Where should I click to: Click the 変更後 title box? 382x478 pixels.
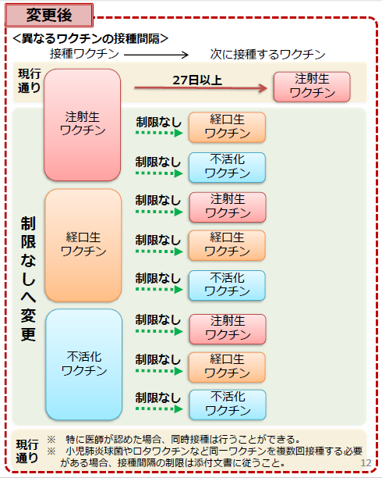point(49,16)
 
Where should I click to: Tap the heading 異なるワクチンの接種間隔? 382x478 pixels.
point(90,39)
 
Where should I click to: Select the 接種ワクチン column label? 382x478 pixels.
point(84,54)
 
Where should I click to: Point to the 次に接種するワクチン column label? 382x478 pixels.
point(267,55)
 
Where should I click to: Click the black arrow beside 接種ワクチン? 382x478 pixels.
point(157,55)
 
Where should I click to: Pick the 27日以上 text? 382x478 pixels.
point(197,80)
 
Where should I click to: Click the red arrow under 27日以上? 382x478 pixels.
point(201,88)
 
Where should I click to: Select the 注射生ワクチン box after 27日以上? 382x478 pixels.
point(312,87)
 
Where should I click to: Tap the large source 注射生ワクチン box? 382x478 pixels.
point(82,125)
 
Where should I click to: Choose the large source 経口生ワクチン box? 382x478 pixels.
point(83,245)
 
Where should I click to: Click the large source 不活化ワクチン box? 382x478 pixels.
point(84,364)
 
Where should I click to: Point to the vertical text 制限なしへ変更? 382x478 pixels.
point(28,279)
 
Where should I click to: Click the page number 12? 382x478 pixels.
point(366,462)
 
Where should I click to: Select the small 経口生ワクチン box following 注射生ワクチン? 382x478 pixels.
point(227,127)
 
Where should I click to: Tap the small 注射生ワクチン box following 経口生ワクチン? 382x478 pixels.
point(228,207)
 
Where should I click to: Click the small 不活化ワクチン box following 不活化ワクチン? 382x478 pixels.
point(228,405)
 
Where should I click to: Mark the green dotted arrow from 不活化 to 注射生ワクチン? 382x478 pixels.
point(159,331)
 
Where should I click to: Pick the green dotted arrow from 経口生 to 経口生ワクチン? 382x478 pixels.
point(159,251)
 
